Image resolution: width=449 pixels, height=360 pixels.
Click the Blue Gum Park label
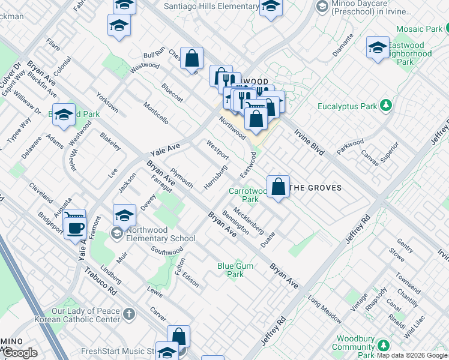tap(231, 270)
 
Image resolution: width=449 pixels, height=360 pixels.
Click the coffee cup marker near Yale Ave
tap(75, 229)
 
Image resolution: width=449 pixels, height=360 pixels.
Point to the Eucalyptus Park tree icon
tap(386, 106)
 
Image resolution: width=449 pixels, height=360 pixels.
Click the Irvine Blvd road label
tap(309, 140)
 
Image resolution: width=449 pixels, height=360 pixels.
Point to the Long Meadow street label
tap(324, 308)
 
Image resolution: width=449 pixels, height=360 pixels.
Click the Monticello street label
tap(155, 113)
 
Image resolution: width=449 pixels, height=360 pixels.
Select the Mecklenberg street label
tap(249, 220)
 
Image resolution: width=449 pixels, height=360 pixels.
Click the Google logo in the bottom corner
tap(20, 353)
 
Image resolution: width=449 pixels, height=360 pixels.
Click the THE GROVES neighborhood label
tap(316, 188)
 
